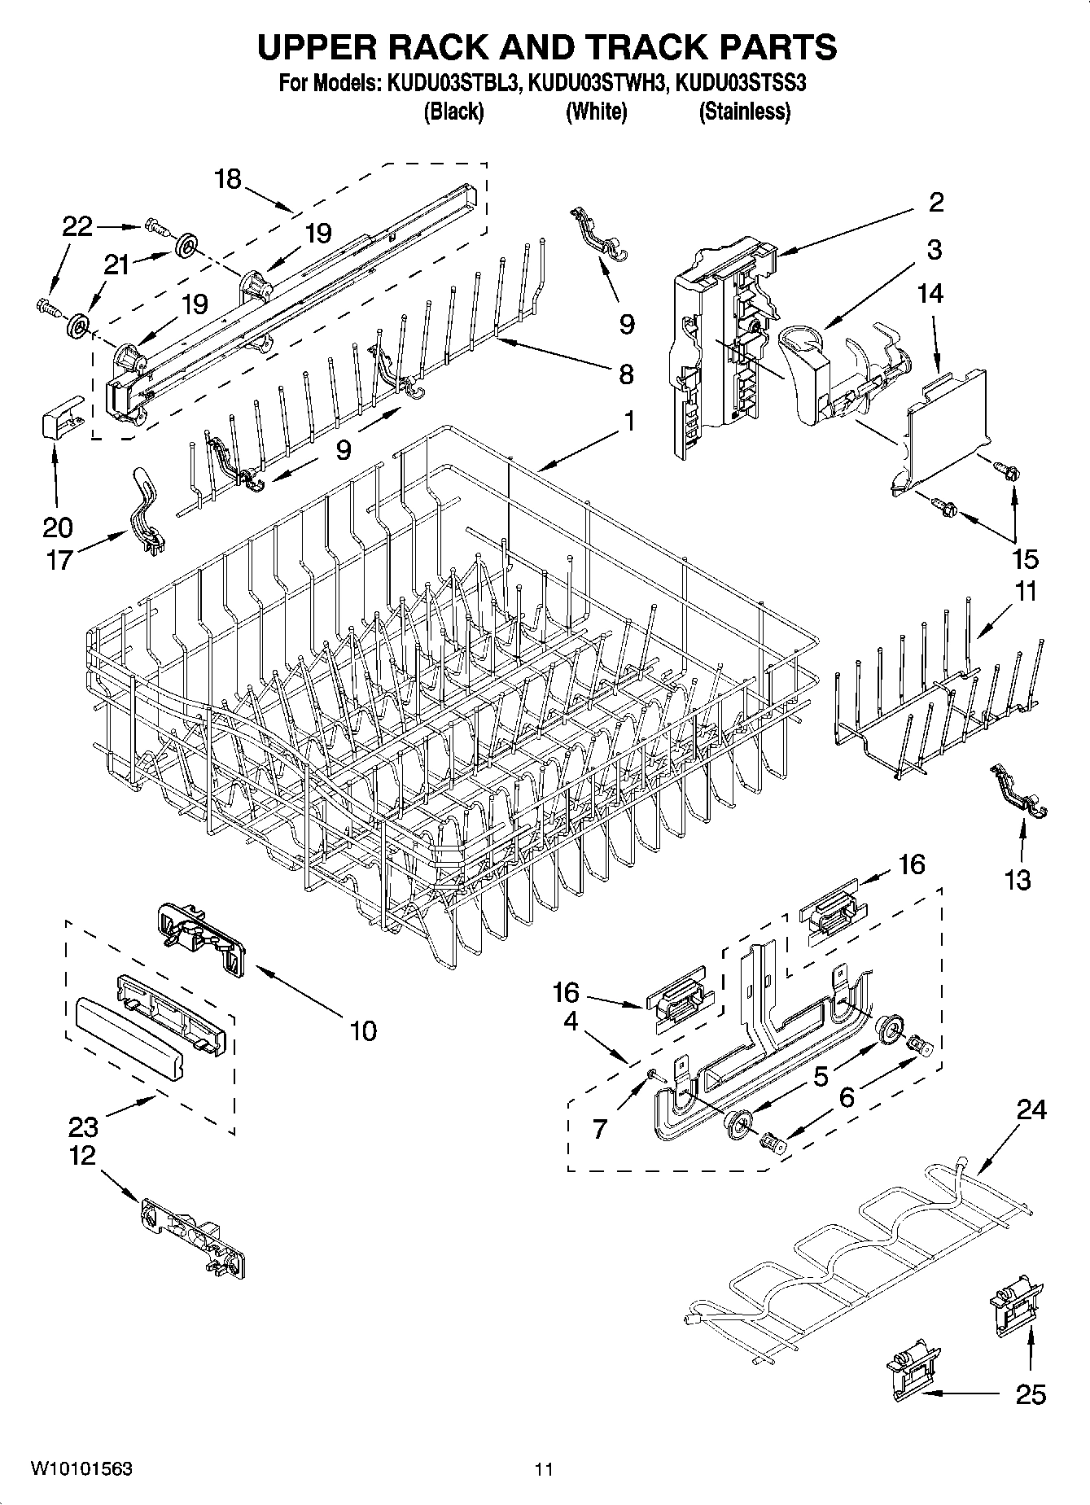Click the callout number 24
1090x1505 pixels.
1031,1109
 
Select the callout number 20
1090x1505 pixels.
57,527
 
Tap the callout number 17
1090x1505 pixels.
59,560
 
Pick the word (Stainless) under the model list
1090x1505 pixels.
744,112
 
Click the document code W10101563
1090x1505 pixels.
81,1469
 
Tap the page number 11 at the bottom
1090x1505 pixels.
544,1469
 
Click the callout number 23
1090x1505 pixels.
83,1127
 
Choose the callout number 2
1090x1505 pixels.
936,202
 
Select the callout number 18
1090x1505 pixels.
229,178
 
